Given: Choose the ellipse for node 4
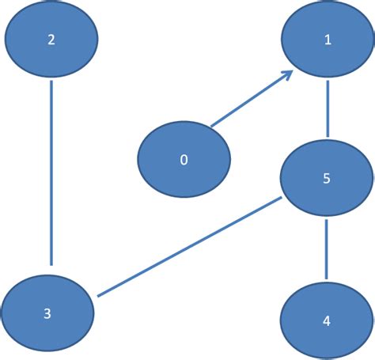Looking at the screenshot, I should coord(327,322).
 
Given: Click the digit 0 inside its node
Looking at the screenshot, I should coord(184,160).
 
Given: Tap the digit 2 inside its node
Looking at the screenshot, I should coord(51,40).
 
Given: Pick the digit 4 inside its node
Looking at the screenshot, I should coord(327,322).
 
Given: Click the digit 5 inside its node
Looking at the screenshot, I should coord(327,179).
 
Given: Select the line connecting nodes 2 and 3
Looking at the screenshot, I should coord(51,170).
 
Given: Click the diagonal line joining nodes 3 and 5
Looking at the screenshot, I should coord(190,247).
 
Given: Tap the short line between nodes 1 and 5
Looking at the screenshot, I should coord(327,107).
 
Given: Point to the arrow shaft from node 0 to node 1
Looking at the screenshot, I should coord(249,100).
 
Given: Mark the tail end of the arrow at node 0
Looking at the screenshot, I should coord(211,125).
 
